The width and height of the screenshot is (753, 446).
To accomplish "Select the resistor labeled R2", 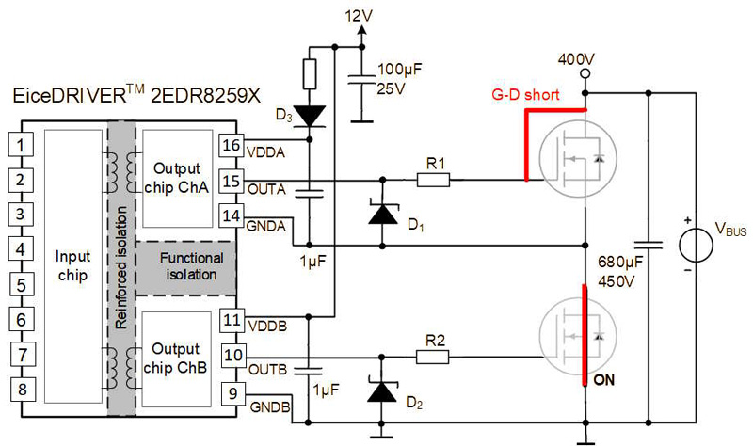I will click(434, 356).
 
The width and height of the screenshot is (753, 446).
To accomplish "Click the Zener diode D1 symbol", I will click(381, 215).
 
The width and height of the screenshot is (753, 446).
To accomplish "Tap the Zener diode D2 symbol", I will click(381, 391).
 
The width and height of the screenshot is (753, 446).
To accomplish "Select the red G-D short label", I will click(526, 96).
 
